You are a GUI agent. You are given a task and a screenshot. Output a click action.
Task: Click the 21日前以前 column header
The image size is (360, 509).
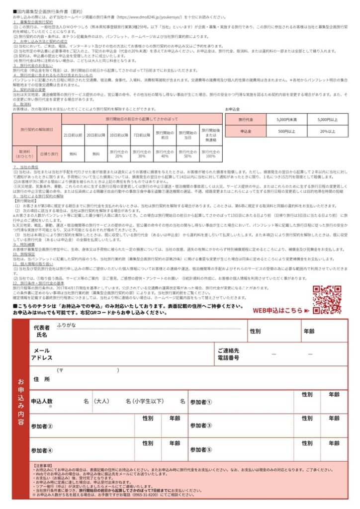(x=73, y=135)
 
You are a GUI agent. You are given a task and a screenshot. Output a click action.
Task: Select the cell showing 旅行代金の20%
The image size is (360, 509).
(x=119, y=153)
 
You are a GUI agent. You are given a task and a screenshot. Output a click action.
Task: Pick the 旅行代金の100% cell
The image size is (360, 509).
(x=211, y=153)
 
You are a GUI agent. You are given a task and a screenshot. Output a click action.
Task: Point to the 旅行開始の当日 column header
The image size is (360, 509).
(x=187, y=135)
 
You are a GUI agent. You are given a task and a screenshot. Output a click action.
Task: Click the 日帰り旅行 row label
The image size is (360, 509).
(x=49, y=153)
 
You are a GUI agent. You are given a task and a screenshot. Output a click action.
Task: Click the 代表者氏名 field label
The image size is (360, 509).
(x=41, y=332)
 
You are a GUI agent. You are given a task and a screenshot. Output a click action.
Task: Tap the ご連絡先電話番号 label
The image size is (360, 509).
(x=228, y=354)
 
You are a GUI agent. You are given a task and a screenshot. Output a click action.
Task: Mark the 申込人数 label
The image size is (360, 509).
(x=42, y=401)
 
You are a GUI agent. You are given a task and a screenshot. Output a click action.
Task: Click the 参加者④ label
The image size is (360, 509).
(x=42, y=451)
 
